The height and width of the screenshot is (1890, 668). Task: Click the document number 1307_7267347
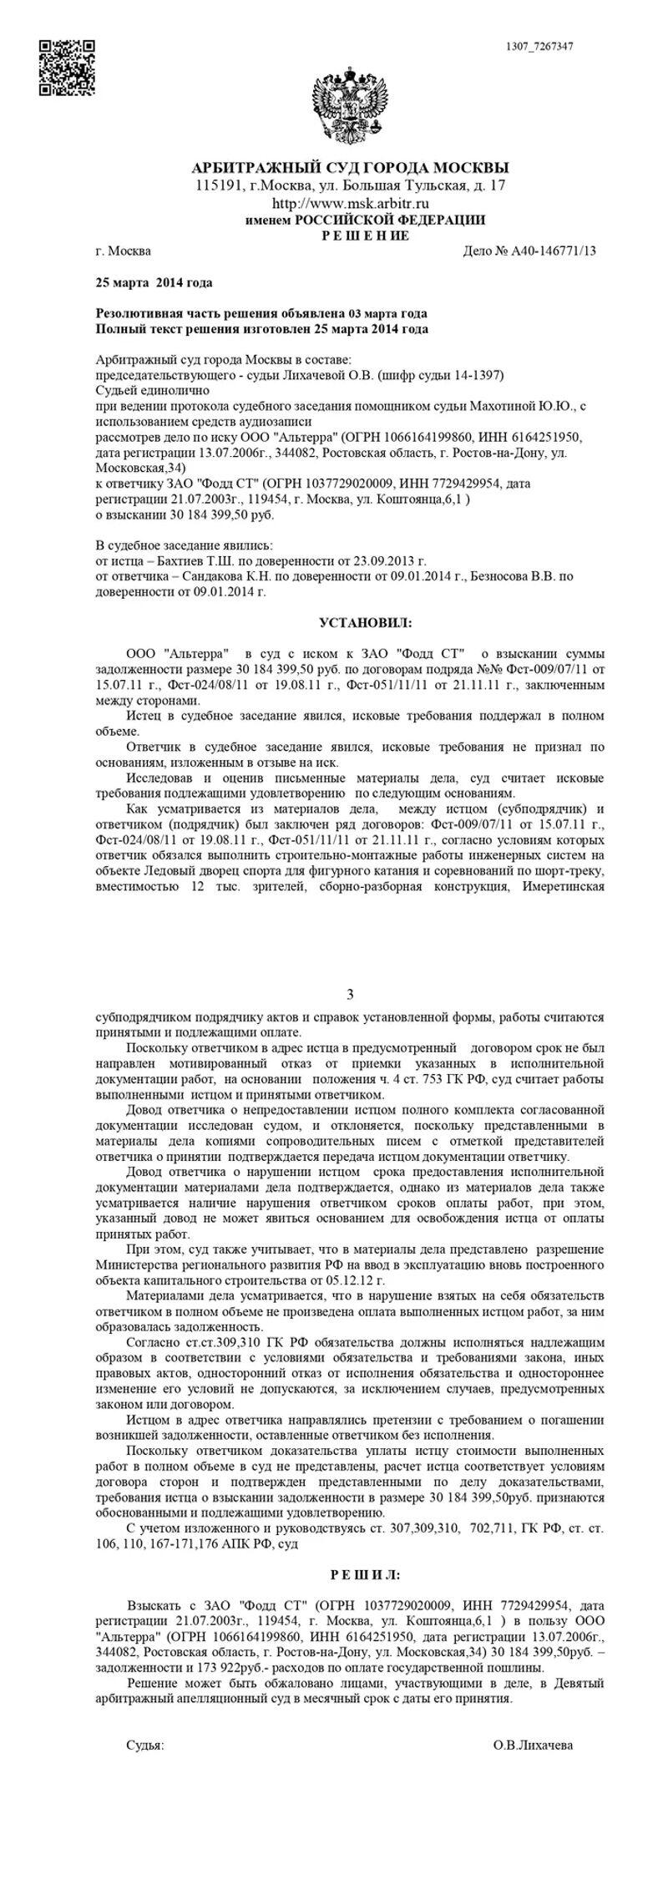539,46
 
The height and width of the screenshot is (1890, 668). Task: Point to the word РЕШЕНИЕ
366,236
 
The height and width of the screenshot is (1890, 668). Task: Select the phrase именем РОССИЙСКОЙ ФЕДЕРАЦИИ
364,220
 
